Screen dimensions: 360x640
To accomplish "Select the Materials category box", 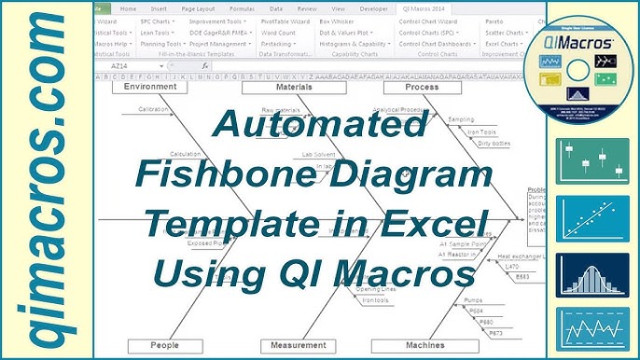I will coord(280,87).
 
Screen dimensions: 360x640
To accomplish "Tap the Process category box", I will coord(409,87).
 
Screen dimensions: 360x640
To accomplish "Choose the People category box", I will coord(164,345).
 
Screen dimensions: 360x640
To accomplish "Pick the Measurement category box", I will coord(299,345).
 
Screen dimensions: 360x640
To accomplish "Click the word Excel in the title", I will coord(436,225).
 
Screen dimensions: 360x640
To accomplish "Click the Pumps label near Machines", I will coord(473,301).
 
